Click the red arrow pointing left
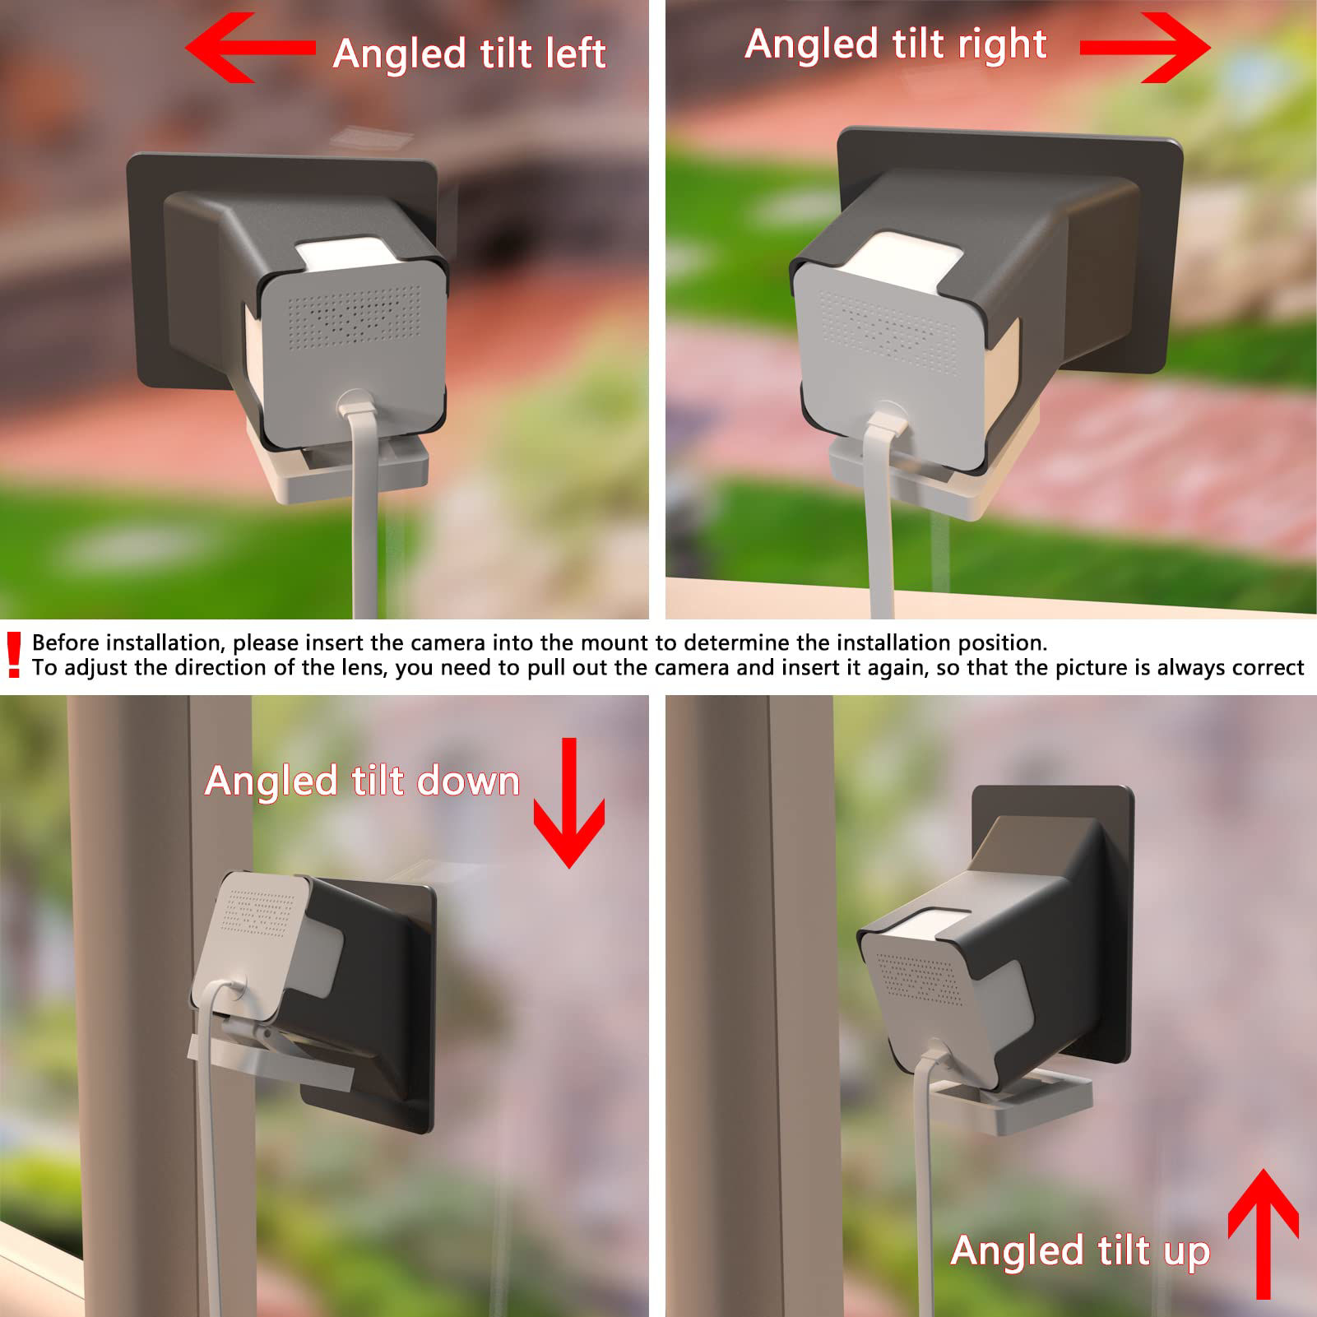click(x=247, y=49)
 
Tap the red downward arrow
click(x=569, y=806)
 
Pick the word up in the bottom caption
click(x=1186, y=1251)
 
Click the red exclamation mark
click(x=13, y=655)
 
